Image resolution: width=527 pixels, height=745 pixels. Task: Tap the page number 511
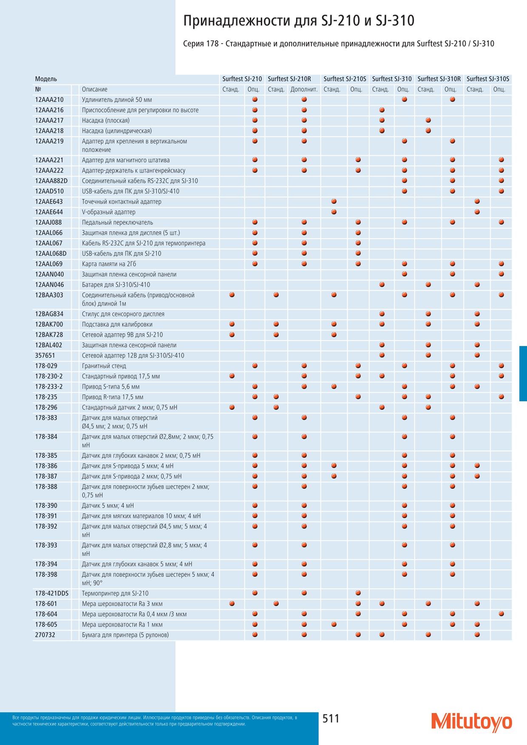click(331, 719)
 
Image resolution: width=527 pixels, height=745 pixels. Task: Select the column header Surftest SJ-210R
click(289, 79)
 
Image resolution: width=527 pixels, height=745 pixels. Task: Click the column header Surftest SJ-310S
click(488, 79)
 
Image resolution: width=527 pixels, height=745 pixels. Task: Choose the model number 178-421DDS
click(52, 593)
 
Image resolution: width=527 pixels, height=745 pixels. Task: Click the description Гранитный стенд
click(104, 366)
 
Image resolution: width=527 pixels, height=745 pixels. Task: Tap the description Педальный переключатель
click(117, 223)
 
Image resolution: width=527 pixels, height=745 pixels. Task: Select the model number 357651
click(45, 356)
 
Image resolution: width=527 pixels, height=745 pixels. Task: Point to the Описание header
click(95, 89)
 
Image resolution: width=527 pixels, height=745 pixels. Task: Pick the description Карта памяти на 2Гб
click(109, 264)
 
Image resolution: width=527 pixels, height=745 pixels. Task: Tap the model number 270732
click(45, 635)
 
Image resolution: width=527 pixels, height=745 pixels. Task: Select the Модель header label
click(46, 79)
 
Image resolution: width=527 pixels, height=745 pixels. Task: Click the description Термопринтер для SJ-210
click(115, 593)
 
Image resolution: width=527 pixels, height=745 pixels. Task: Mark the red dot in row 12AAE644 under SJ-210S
click(334, 212)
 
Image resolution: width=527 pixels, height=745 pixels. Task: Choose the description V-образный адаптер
click(108, 212)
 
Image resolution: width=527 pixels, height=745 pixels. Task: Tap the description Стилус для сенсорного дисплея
click(123, 314)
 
